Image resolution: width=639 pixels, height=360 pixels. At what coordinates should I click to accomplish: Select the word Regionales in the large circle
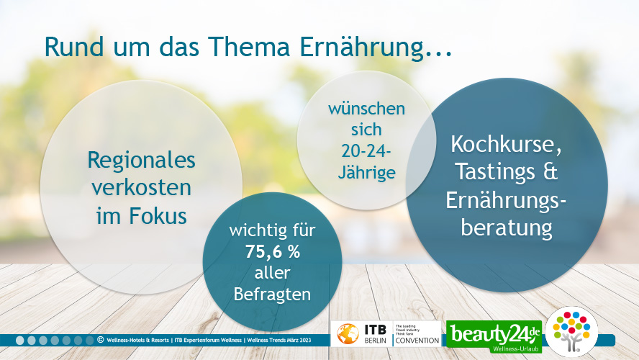point(142,161)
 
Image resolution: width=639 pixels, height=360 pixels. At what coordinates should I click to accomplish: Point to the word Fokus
point(158,216)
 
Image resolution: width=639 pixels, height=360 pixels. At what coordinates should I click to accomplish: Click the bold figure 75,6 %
point(272,252)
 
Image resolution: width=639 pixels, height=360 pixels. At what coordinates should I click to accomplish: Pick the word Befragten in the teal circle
point(272,294)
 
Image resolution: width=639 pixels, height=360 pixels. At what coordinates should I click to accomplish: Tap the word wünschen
point(366,109)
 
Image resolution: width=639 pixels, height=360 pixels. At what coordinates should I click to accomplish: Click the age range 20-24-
point(366,151)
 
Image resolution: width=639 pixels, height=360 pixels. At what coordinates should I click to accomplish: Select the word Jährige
point(367,172)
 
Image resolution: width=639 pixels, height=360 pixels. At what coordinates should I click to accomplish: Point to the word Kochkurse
point(506,145)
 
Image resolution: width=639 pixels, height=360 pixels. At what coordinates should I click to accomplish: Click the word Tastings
point(494,172)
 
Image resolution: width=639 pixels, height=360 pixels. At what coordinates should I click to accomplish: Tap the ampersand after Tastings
point(550,171)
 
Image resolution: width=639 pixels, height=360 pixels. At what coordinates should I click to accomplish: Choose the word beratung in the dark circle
point(507,228)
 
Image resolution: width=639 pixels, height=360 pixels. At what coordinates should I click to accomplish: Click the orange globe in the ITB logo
point(348,334)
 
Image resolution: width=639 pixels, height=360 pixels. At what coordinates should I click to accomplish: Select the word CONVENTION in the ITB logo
point(417,341)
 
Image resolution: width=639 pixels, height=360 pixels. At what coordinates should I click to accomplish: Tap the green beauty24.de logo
point(494,337)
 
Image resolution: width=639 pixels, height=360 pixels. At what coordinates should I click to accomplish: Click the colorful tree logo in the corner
point(571,331)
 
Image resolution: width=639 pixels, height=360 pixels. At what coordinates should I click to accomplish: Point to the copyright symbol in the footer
point(100,339)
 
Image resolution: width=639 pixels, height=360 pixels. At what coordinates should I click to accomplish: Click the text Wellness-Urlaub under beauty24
point(515,349)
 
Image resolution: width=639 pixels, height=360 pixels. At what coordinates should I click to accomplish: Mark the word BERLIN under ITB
point(375,341)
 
